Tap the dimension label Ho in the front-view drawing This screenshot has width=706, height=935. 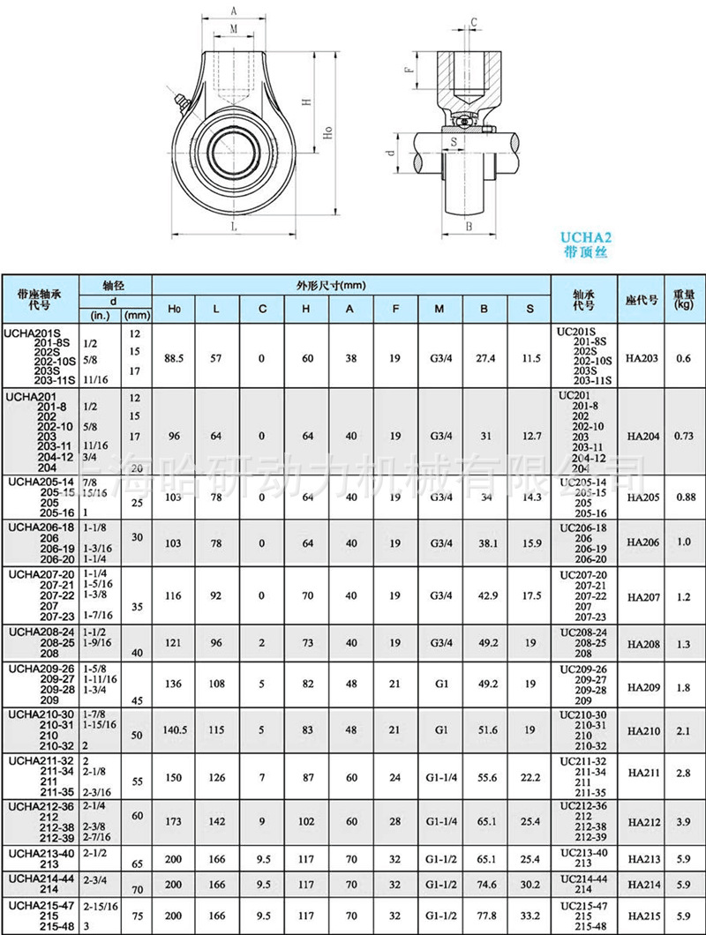coord(327,132)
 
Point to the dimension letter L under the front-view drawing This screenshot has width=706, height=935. coord(234,227)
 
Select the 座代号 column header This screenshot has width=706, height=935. coord(642,299)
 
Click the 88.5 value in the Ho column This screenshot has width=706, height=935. coord(174,358)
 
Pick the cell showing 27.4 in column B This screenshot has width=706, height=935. coord(486,358)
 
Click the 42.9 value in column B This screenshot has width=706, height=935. coord(486,597)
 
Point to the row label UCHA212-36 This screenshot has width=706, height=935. coord(38,805)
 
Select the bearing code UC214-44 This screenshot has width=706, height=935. coord(584,879)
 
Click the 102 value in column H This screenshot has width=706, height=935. coord(305,821)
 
